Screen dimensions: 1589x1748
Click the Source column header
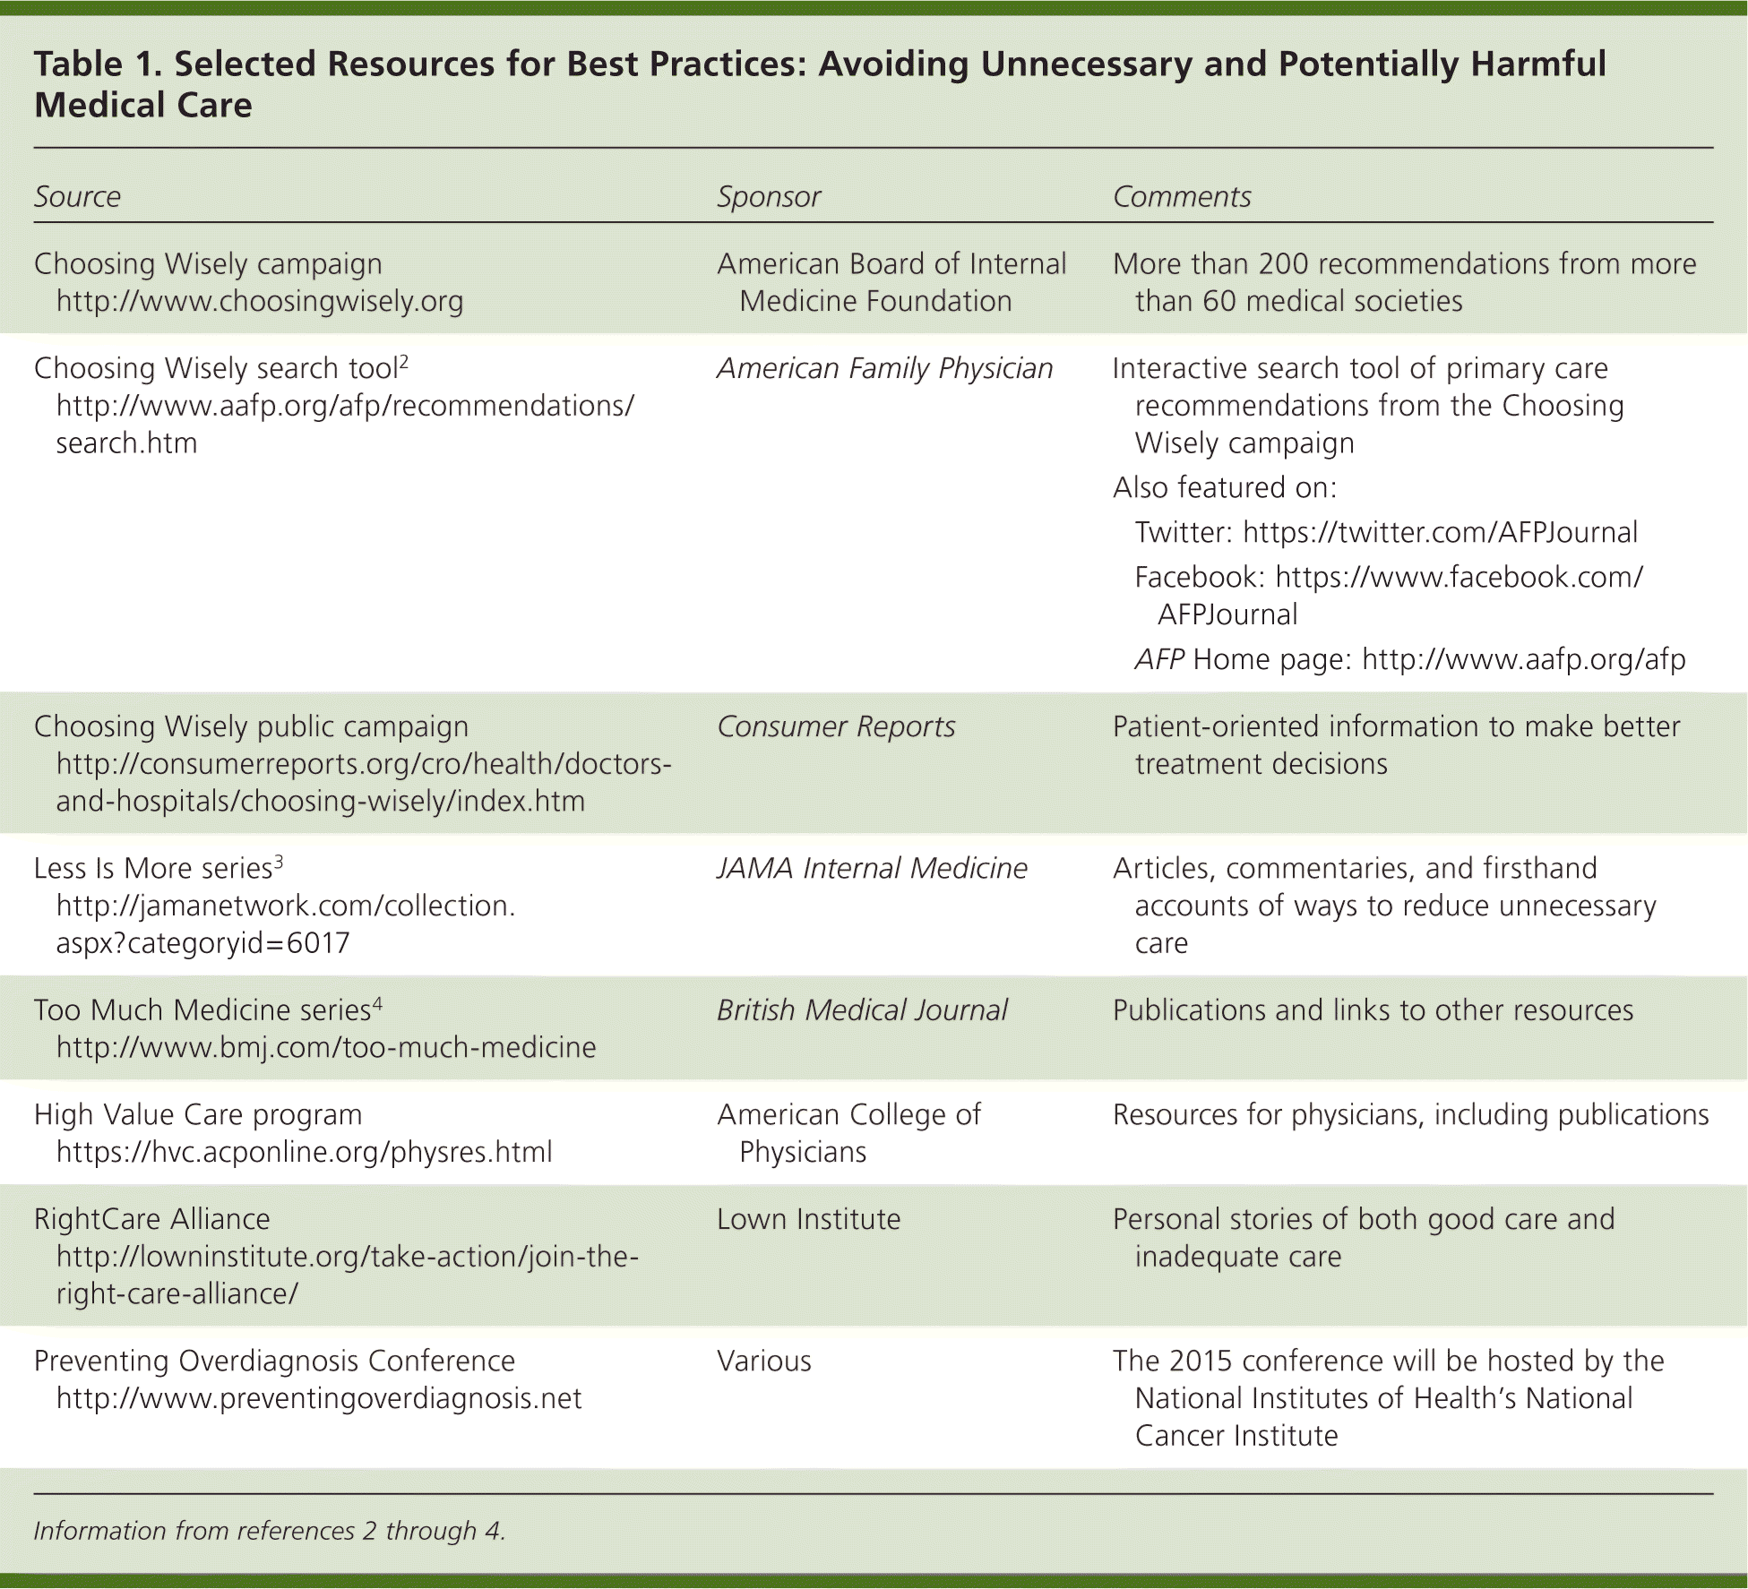point(77,196)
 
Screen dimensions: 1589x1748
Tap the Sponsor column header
point(768,196)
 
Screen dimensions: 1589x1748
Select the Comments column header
point(1181,196)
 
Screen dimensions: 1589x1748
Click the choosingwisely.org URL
point(259,301)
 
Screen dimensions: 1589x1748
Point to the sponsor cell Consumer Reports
point(835,726)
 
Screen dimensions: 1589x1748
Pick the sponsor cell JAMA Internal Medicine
point(871,868)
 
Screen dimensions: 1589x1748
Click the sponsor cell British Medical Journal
point(861,1009)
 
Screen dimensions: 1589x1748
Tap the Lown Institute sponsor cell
point(808,1219)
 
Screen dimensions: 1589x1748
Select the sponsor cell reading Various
point(763,1361)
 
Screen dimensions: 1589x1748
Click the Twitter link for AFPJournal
point(1440,532)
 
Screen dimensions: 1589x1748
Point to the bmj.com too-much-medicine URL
point(325,1047)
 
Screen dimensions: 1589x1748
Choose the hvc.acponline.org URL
point(304,1152)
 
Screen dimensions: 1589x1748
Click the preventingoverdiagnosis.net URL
point(318,1398)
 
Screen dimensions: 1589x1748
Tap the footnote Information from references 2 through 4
point(269,1531)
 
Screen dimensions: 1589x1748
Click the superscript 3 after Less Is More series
point(279,862)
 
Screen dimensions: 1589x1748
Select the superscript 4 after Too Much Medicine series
point(377,1003)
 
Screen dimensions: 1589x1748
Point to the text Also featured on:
point(1224,487)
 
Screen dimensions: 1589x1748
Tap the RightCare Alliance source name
point(151,1219)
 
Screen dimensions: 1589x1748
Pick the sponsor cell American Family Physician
point(884,368)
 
